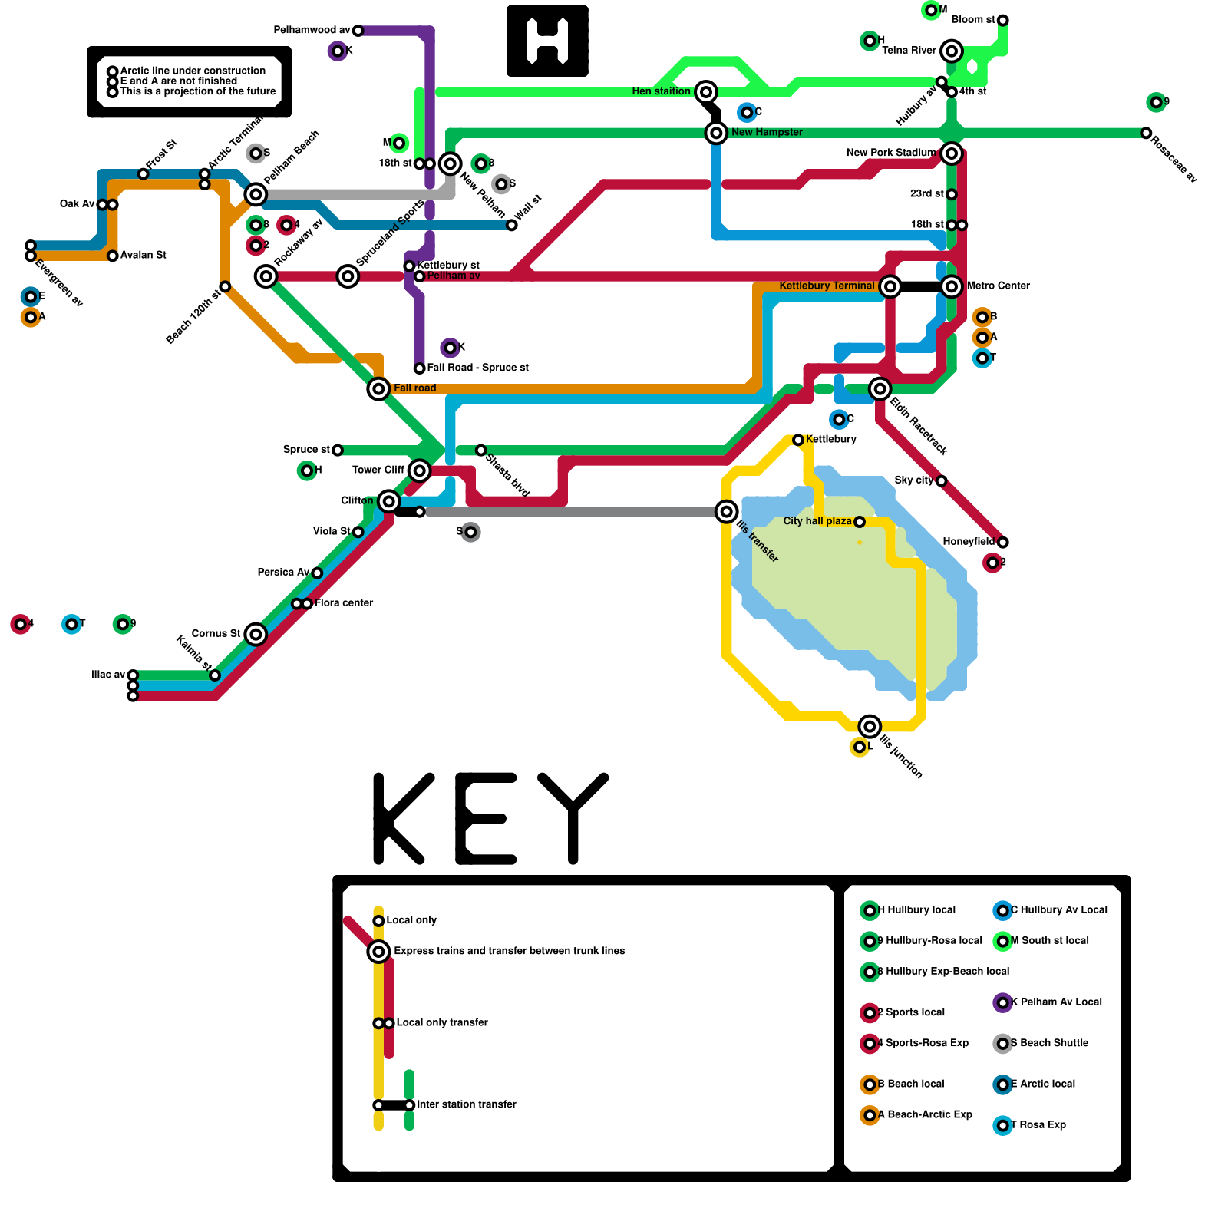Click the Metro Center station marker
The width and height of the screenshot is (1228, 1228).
[952, 286]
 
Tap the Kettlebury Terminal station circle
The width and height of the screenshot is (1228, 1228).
[890, 286]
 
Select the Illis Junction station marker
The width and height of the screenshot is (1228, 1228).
[870, 726]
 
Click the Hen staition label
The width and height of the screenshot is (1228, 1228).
[661, 91]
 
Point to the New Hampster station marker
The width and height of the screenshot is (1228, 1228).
[716, 133]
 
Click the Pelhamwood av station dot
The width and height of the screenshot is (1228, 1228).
[358, 31]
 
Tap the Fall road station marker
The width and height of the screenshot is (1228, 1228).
[378, 389]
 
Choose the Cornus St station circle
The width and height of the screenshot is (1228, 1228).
[256, 634]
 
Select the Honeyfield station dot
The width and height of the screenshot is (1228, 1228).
[1002, 543]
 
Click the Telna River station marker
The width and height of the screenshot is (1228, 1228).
[952, 51]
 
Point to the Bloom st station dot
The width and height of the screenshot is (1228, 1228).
[1002, 20]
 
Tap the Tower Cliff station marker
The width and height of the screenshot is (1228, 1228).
[419, 470]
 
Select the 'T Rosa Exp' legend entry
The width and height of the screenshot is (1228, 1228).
[1038, 1125]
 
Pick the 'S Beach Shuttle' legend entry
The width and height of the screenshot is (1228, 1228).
[1049, 1043]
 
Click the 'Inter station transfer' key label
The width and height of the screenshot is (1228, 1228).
[466, 1104]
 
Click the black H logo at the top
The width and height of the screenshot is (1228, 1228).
[547, 41]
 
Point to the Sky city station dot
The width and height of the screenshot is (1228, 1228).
[941, 481]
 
